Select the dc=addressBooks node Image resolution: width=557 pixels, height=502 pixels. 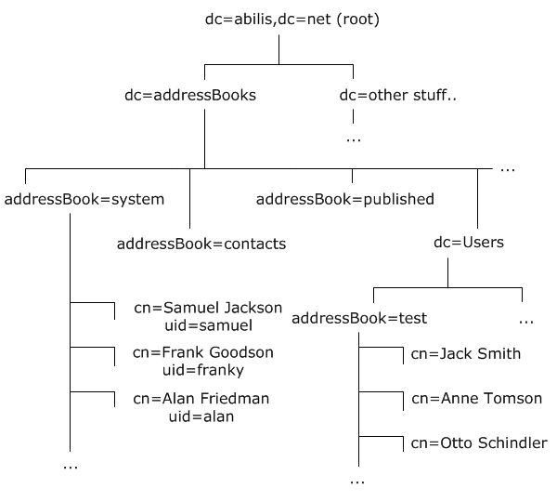(189, 95)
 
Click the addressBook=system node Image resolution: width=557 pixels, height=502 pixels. (84, 199)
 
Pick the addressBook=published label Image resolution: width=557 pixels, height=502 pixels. (344, 199)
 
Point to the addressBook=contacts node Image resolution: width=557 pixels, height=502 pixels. (201, 244)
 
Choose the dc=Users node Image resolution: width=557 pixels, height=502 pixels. (469, 243)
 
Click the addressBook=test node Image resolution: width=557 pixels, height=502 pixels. (359, 319)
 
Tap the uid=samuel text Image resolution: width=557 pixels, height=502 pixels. (201, 326)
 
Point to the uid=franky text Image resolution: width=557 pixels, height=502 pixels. (201, 371)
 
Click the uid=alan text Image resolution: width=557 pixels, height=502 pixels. (201, 416)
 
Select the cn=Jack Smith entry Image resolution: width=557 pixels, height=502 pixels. (465, 354)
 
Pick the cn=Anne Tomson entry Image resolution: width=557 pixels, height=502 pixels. (476, 399)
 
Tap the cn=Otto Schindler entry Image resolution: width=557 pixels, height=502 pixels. (478, 443)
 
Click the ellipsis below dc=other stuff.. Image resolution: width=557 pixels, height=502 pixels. (354, 139)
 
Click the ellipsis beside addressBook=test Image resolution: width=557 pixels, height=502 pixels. (526, 321)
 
